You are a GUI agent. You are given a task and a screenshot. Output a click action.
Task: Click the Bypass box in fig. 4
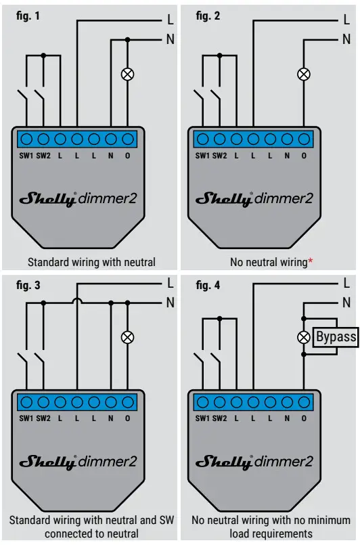coord(336,337)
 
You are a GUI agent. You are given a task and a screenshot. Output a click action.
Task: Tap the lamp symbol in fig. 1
coord(127,74)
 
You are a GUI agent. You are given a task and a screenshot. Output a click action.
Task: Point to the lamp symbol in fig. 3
coord(127,337)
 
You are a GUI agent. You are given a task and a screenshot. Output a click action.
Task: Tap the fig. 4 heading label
coord(208,285)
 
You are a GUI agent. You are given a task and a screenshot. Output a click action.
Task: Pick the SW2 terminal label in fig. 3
coord(43,418)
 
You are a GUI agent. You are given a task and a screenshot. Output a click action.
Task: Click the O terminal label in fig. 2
coord(304,156)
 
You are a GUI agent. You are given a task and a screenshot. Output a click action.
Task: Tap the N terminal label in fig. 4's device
coord(287,418)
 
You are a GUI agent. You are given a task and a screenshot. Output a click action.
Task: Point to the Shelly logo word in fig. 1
coord(48,199)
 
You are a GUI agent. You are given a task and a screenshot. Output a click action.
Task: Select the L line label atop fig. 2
coord(347,21)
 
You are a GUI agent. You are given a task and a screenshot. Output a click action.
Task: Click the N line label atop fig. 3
coord(171,303)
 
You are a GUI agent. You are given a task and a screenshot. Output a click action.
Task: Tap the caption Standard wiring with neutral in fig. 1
coord(91,262)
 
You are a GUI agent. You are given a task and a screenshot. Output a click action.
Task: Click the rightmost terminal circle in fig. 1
coord(127,139)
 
